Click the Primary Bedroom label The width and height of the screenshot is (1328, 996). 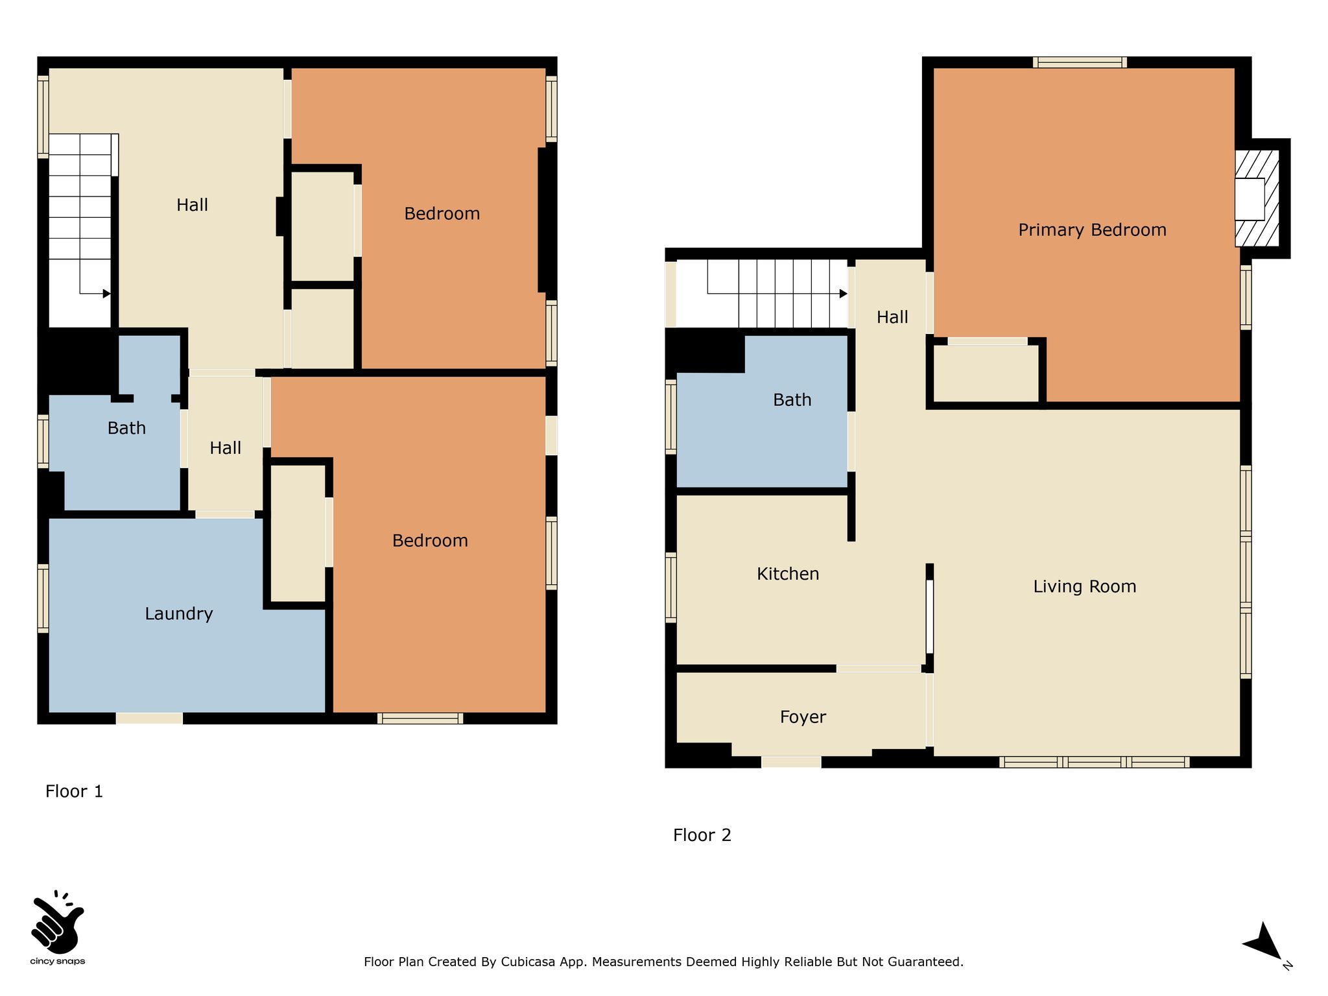click(1092, 230)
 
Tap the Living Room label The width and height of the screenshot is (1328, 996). click(1085, 587)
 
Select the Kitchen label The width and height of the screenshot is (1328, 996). click(788, 574)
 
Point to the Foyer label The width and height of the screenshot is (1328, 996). click(803, 717)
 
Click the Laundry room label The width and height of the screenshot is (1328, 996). click(179, 614)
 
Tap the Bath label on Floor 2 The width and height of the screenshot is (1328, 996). click(792, 400)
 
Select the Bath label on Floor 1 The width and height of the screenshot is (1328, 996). click(126, 428)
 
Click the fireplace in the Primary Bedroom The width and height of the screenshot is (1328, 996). click(1257, 198)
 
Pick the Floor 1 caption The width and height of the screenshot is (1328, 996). click(75, 791)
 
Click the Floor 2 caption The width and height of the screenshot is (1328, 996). click(702, 835)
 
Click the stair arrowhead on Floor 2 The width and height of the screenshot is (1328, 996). click(844, 294)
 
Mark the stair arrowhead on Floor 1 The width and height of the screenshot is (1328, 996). click(107, 294)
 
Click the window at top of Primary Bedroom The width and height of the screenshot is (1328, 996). click(1080, 62)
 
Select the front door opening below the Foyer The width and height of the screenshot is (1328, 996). click(791, 762)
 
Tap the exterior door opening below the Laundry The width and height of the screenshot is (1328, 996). click(149, 718)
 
